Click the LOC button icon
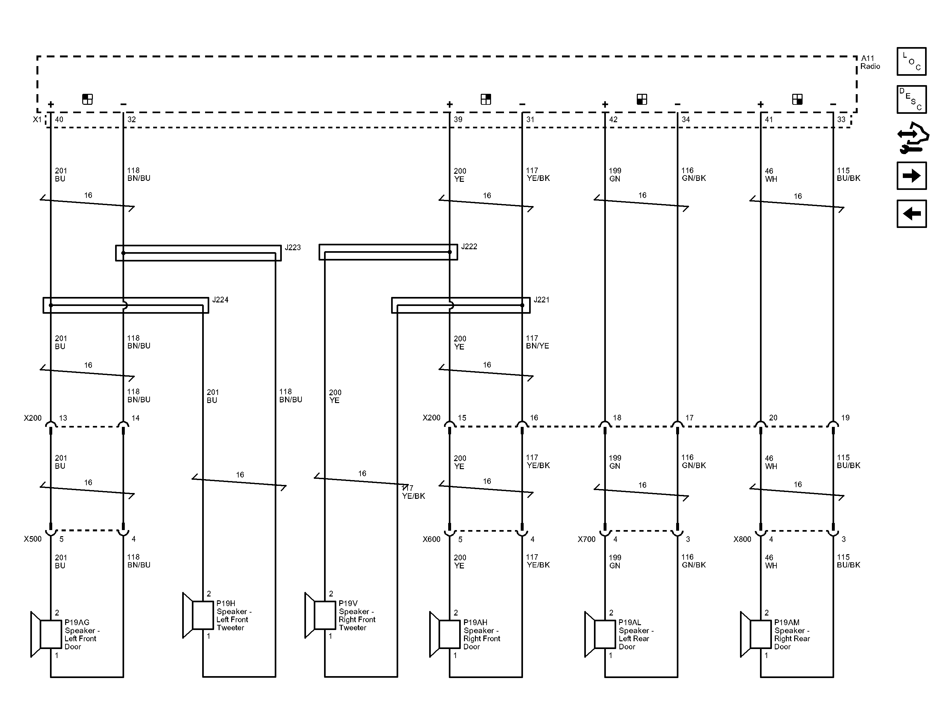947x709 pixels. pos(912,61)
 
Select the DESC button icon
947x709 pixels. pos(912,99)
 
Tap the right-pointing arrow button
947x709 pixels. pos(912,175)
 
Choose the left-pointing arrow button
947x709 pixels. pos(912,214)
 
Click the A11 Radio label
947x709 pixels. pos(870,62)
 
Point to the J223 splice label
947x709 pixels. pos(293,248)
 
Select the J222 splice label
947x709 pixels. pos(469,247)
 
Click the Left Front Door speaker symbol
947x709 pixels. pos(46,634)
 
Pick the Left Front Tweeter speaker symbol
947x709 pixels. pos(198,615)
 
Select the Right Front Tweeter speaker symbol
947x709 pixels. pos(320,615)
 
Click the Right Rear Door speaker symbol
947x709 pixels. pos(755,634)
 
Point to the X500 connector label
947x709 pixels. pos(33,539)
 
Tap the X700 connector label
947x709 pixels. pos(587,539)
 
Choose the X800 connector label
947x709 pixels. pos(742,539)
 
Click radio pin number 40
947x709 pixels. pos(59,119)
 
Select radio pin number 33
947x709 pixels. pos(841,119)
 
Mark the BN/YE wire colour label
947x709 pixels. pos(538,346)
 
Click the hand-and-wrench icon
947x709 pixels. pos(913,137)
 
